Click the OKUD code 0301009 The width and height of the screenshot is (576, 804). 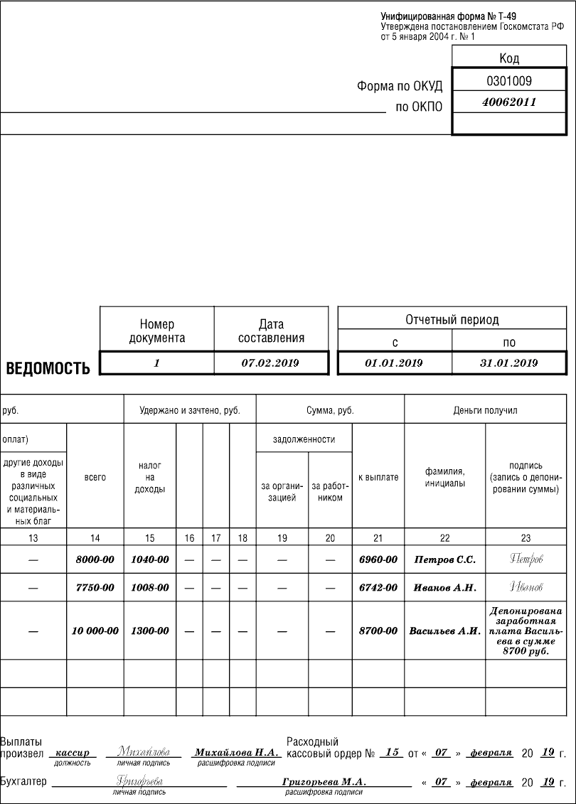coord(509,80)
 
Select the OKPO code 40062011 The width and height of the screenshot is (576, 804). coord(509,102)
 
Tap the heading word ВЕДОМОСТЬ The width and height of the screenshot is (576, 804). coord(48,368)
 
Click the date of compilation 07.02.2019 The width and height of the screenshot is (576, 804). coord(270,363)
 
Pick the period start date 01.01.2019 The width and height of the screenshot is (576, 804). coord(394,363)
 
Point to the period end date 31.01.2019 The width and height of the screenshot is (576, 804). coord(508,363)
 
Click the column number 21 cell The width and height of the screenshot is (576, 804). coord(378,538)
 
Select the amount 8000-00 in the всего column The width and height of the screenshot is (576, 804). coord(95,559)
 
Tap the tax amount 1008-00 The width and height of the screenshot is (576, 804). coord(150,588)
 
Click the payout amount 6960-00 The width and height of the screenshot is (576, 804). coord(378,559)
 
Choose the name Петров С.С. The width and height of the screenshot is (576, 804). coord(444,559)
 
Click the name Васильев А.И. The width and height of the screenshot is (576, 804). coord(444,631)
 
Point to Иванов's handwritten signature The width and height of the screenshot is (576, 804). coord(526,587)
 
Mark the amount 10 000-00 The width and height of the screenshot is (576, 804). coord(95,631)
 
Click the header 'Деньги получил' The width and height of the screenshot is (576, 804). coord(486,410)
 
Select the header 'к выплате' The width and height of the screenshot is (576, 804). coord(378,477)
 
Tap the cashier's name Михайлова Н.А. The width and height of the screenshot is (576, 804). coord(236,752)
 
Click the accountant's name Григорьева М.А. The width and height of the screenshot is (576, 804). coord(324,781)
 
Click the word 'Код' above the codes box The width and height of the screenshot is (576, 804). coord(509,58)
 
